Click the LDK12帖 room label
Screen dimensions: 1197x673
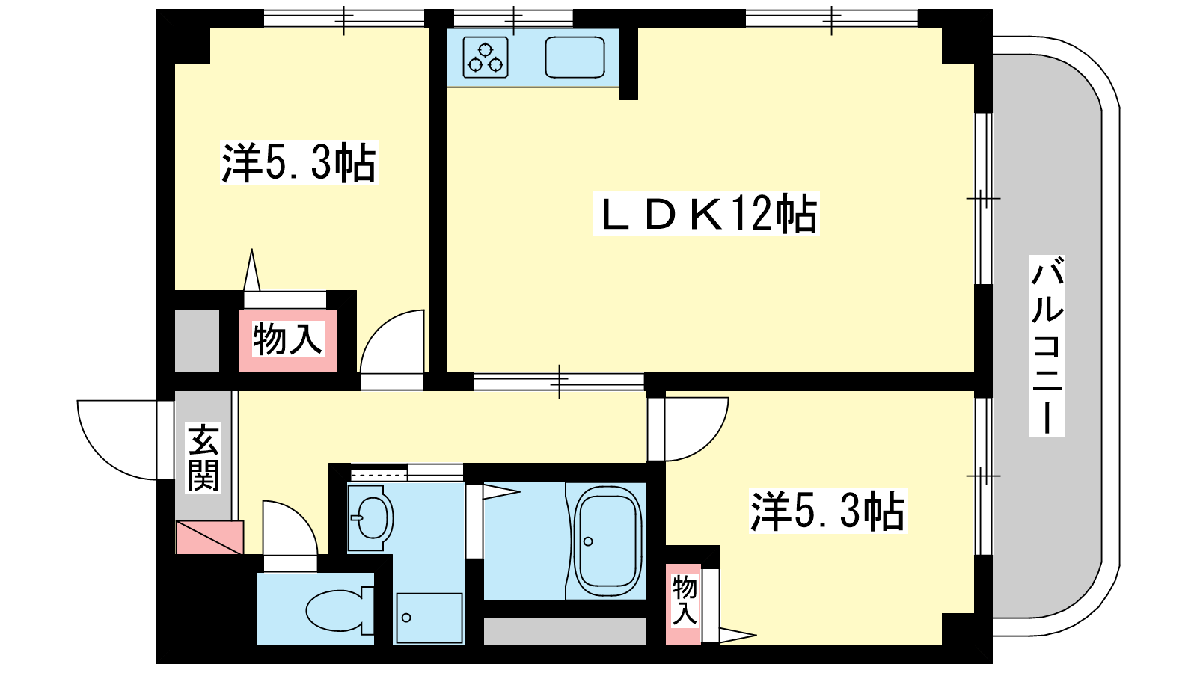point(706,213)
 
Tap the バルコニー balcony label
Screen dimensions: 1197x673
point(1047,345)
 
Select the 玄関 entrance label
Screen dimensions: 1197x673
point(203,458)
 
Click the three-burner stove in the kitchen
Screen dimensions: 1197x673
point(486,57)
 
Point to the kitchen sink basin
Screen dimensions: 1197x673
point(575,57)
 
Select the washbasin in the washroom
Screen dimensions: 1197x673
point(371,517)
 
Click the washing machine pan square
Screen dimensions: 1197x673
point(429,618)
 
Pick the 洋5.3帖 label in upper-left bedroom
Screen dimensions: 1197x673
point(299,163)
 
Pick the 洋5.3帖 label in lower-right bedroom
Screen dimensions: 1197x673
point(827,511)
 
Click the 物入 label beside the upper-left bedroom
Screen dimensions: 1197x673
point(288,339)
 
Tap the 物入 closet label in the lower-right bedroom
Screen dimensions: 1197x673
point(684,600)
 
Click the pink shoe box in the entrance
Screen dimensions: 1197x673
point(209,537)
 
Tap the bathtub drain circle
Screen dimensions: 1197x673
point(588,541)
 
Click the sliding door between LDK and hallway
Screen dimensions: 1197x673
point(559,381)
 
